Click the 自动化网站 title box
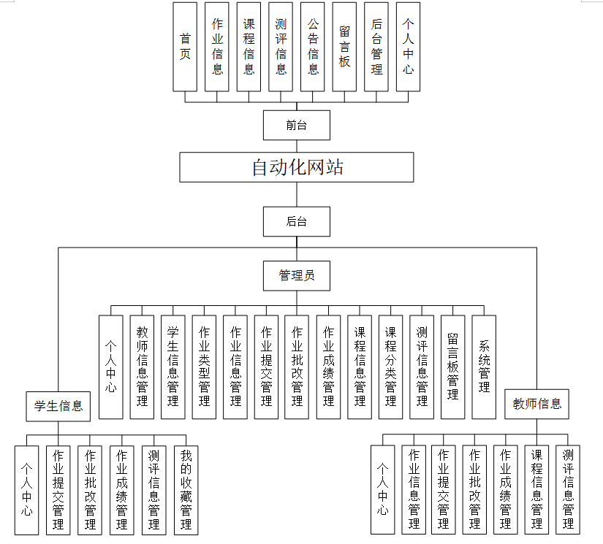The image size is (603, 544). (x=297, y=167)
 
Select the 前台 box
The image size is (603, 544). (x=297, y=125)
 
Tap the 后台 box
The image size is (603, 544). (x=297, y=221)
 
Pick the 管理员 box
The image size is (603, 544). (x=297, y=275)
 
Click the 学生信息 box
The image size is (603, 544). (x=58, y=405)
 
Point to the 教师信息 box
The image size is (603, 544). (x=536, y=404)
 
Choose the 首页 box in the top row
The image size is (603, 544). (x=185, y=47)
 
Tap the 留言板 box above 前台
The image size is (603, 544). (x=345, y=47)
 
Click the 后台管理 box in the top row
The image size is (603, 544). (x=376, y=47)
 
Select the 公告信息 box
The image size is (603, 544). (x=313, y=47)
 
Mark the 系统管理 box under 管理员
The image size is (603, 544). (x=484, y=367)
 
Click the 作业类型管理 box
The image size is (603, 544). (x=204, y=367)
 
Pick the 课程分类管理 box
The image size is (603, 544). (x=390, y=367)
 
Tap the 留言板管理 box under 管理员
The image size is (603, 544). (x=452, y=367)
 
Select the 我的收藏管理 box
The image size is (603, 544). (x=186, y=489)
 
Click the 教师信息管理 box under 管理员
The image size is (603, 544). (x=142, y=367)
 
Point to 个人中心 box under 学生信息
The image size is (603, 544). (x=26, y=489)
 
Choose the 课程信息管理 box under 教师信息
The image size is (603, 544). (x=536, y=489)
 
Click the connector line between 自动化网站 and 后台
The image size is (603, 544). (x=297, y=194)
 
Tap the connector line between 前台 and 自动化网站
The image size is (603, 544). (x=297, y=146)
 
